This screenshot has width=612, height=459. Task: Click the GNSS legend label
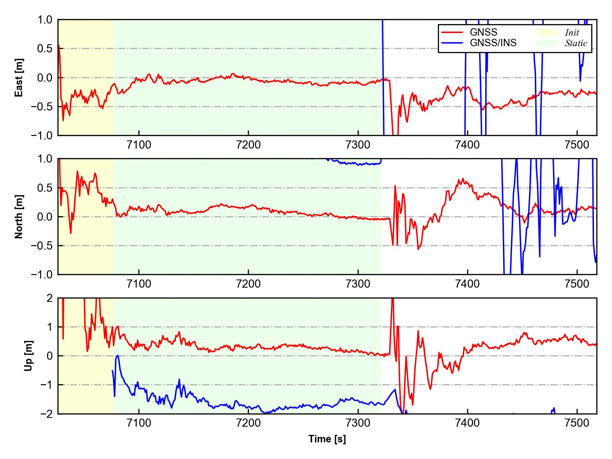(483, 32)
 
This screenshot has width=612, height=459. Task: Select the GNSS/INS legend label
(493, 43)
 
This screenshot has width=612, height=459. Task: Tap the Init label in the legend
(572, 33)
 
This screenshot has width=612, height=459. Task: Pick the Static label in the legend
(576, 43)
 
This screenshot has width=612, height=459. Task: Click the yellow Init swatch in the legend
(547, 32)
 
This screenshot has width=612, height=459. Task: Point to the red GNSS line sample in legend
(452, 32)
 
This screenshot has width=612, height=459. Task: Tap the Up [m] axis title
(29, 356)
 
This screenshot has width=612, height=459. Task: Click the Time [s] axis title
(327, 439)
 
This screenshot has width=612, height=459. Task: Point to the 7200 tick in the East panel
(248, 145)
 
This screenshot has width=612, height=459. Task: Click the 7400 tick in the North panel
(468, 284)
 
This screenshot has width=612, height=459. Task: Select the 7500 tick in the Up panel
(577, 423)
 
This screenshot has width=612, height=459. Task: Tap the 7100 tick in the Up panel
(139, 423)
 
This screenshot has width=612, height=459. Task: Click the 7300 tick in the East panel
(358, 145)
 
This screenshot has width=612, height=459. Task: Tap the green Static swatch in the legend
(547, 43)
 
